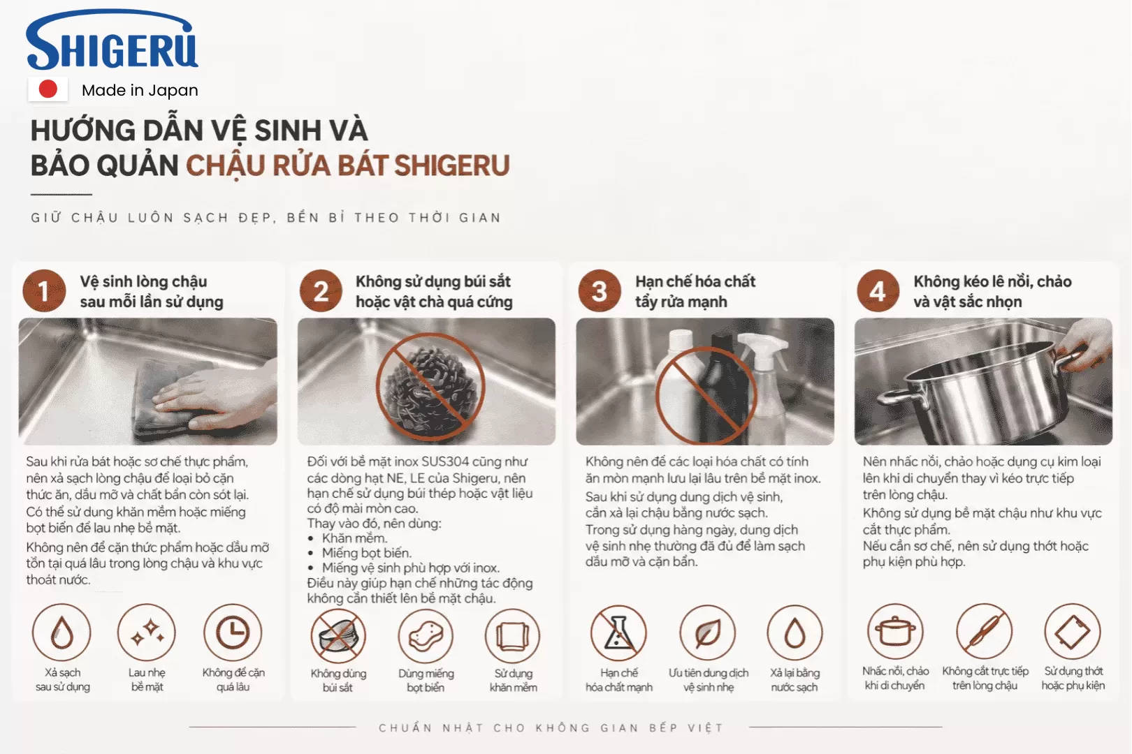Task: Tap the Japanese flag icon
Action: (x=48, y=89)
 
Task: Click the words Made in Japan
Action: (x=140, y=90)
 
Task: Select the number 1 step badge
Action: (x=45, y=291)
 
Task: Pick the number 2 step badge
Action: (x=321, y=291)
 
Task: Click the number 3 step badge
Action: (x=600, y=291)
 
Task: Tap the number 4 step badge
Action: (x=878, y=291)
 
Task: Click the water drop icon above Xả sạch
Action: (x=61, y=633)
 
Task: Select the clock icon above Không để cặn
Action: (x=233, y=633)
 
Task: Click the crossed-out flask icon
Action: (x=618, y=633)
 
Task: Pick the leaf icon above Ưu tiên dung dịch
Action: (x=707, y=633)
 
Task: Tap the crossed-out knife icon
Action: (x=985, y=632)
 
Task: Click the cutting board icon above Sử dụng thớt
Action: (x=1073, y=632)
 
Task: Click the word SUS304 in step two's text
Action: (x=445, y=461)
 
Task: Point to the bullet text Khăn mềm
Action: (x=354, y=538)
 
